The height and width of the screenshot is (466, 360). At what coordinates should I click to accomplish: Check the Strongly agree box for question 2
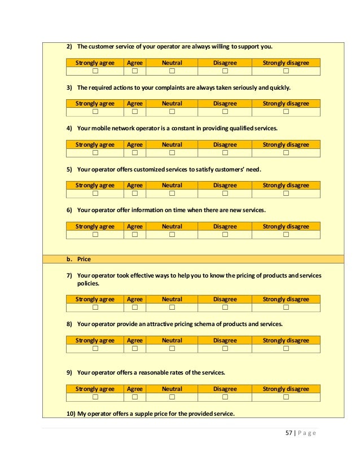click(95, 71)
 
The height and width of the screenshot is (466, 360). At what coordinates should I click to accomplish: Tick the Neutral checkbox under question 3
click(172, 112)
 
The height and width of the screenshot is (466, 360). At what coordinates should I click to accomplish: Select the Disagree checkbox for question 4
click(225, 153)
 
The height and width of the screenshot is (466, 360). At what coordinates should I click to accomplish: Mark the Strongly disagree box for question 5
click(286, 194)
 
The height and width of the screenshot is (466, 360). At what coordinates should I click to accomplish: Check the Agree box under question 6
click(135, 235)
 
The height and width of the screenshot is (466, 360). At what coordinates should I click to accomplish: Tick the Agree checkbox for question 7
click(135, 307)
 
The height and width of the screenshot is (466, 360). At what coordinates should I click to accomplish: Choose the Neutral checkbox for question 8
click(172, 349)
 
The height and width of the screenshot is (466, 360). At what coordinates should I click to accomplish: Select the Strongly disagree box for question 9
click(286, 397)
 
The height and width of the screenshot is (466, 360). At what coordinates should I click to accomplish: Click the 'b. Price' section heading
click(78, 259)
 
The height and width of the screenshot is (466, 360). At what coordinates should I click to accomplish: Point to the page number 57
click(289, 433)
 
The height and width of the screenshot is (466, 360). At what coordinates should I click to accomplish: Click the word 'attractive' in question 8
click(159, 324)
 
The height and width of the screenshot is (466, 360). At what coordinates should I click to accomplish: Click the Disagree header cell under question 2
click(225, 63)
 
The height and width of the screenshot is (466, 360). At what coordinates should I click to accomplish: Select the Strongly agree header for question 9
click(95, 389)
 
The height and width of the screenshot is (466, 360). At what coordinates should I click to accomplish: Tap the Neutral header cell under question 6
click(172, 226)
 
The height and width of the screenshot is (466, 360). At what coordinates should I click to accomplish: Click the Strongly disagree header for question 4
click(286, 144)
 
